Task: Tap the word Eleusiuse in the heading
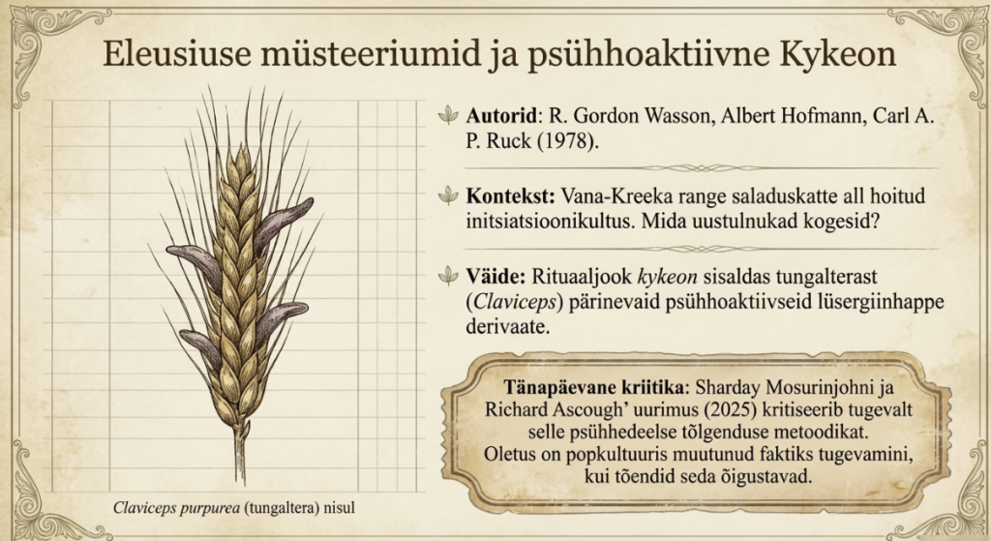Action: point(176,53)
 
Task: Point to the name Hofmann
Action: point(823,116)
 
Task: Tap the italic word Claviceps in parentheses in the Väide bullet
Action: point(514,301)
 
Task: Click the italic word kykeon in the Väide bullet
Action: point(668,278)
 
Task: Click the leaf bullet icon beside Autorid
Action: point(448,115)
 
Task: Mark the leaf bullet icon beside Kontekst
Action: point(448,195)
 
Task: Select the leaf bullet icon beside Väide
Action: point(448,275)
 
